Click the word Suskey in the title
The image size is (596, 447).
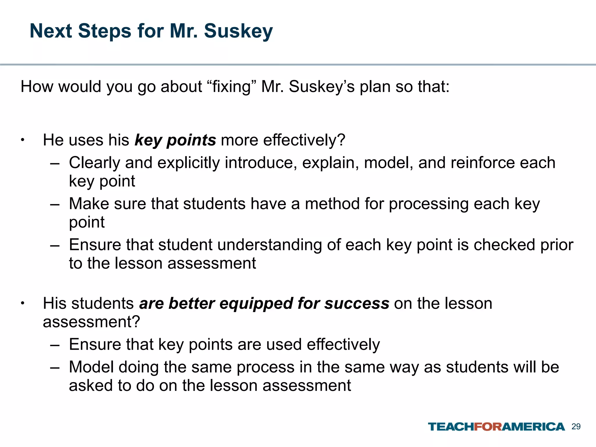[x=238, y=31]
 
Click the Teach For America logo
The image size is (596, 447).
[x=496, y=427]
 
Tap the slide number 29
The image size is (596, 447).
[x=576, y=427]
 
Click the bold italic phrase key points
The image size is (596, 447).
[x=175, y=140]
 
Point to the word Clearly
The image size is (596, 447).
[x=95, y=163]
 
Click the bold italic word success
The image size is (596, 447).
[x=357, y=304]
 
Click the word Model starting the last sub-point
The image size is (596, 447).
[x=91, y=367]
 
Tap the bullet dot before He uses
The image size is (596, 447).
[x=23, y=140]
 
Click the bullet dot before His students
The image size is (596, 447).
[x=23, y=304]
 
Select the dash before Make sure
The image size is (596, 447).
[x=54, y=204]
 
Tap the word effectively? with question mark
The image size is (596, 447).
[x=304, y=140]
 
